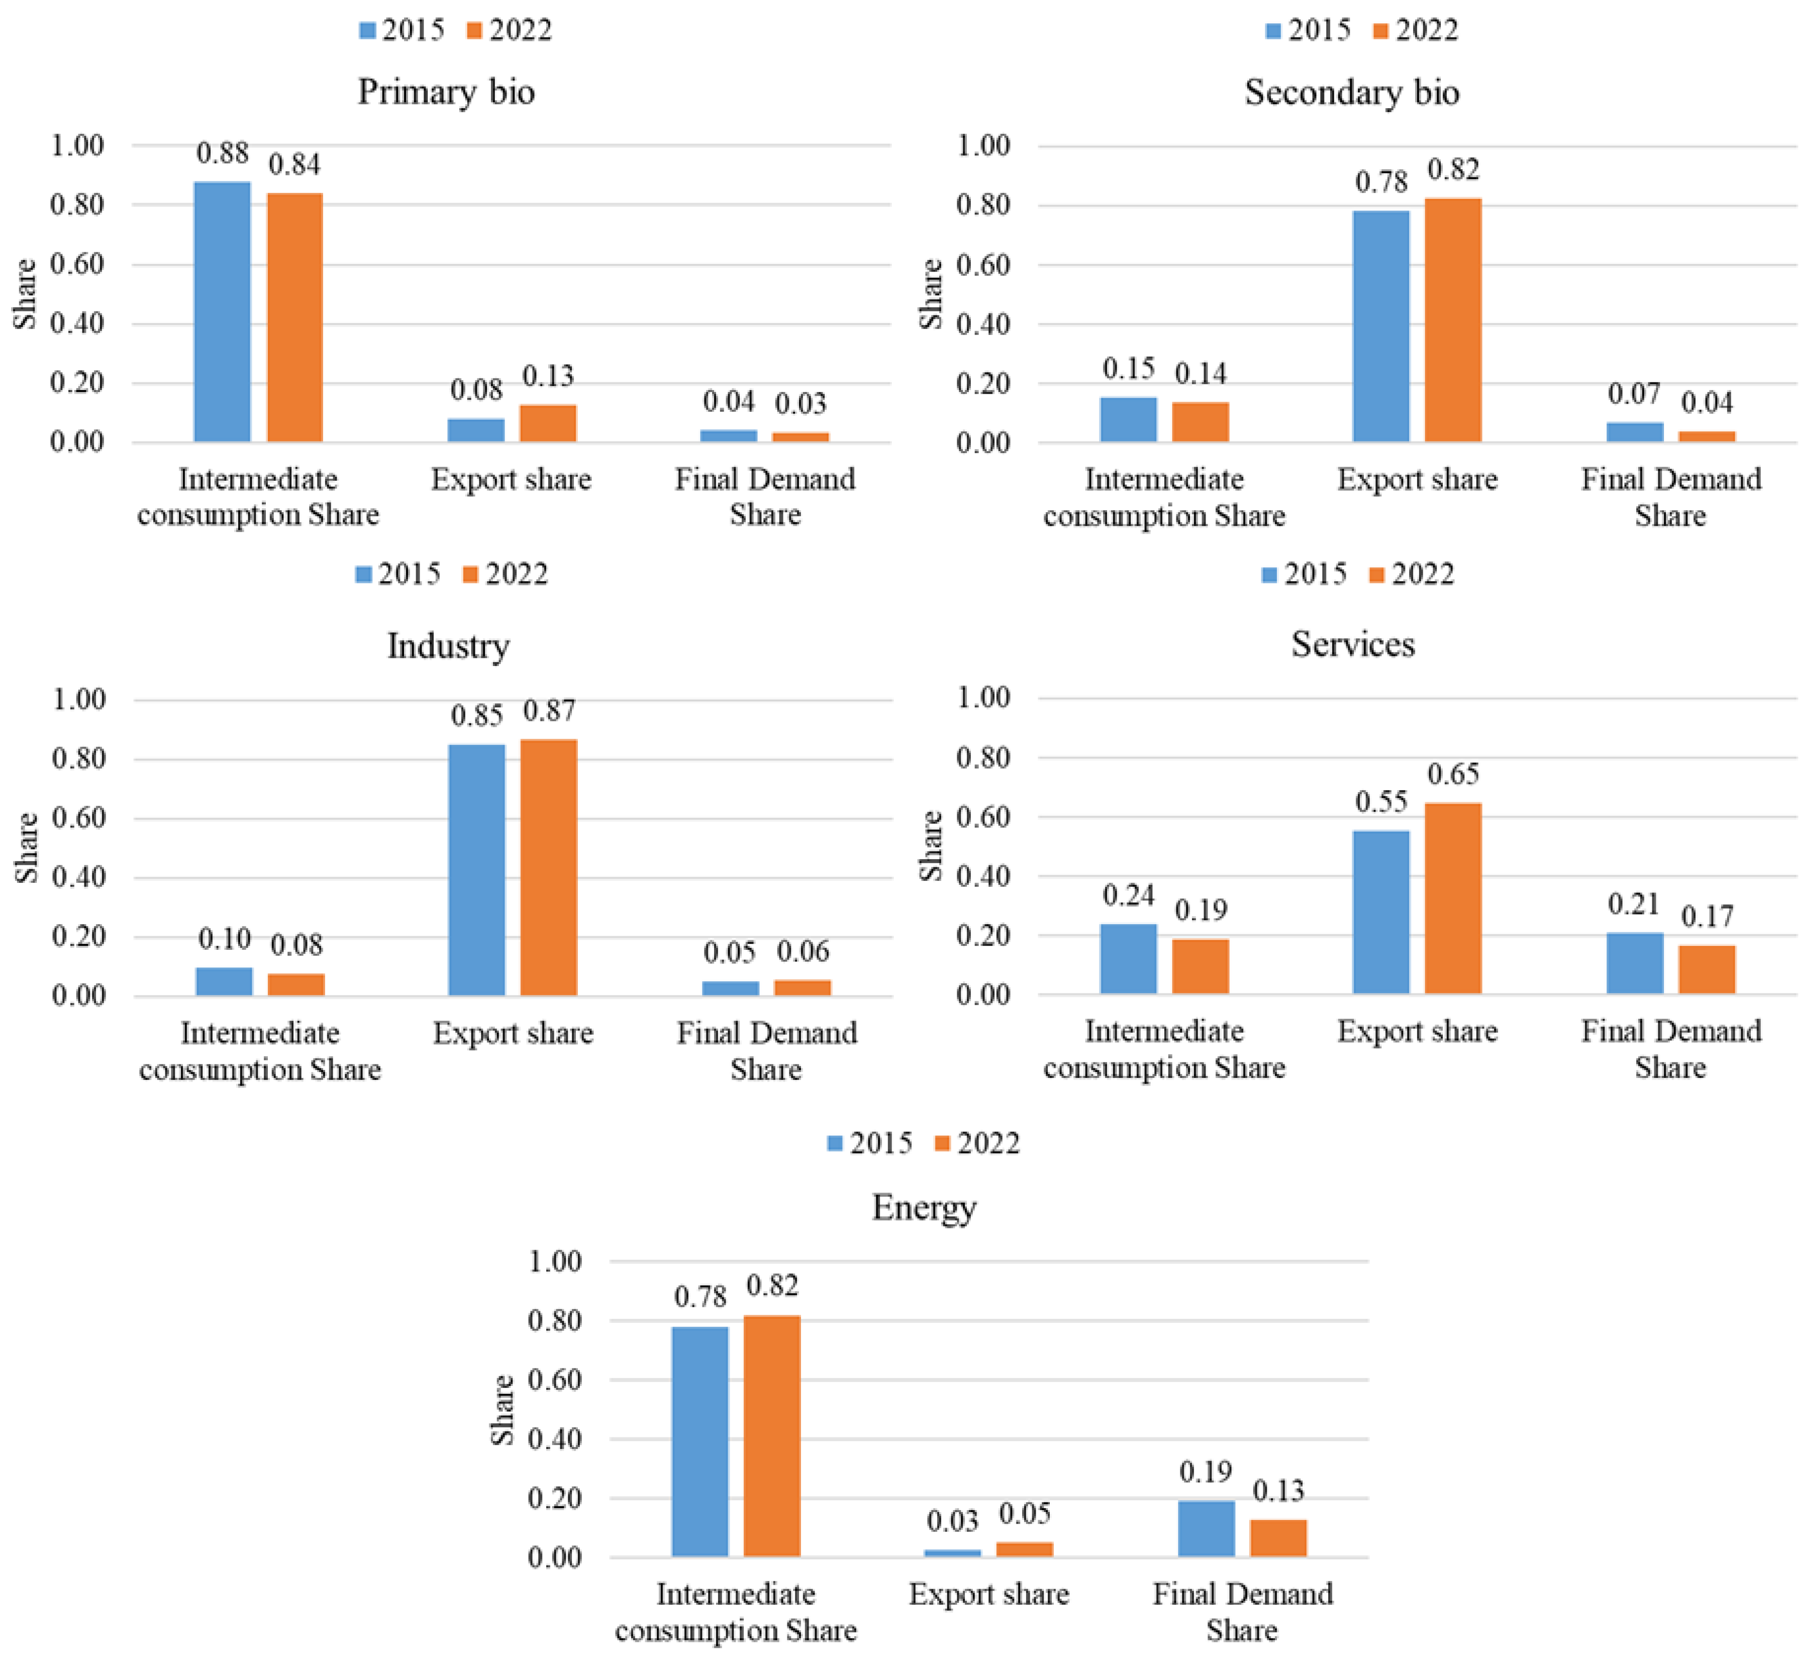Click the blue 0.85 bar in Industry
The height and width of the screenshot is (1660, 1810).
477,869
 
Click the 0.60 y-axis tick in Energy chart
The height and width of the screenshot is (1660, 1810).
554,1380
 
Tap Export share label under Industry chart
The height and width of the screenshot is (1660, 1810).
513,1033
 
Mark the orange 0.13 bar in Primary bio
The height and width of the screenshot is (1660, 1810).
548,423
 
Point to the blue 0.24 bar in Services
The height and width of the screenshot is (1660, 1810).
1128,959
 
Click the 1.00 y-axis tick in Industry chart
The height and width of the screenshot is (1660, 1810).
79,699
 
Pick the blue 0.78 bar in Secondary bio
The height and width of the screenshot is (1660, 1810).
1381,326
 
